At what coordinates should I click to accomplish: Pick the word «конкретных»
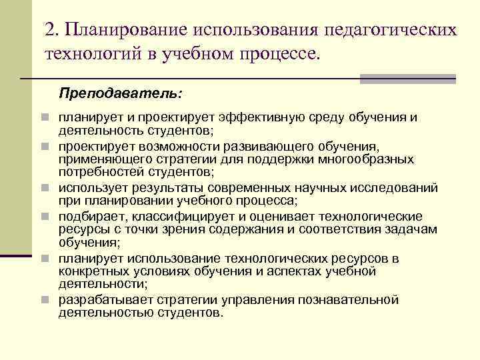click(x=89, y=271)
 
